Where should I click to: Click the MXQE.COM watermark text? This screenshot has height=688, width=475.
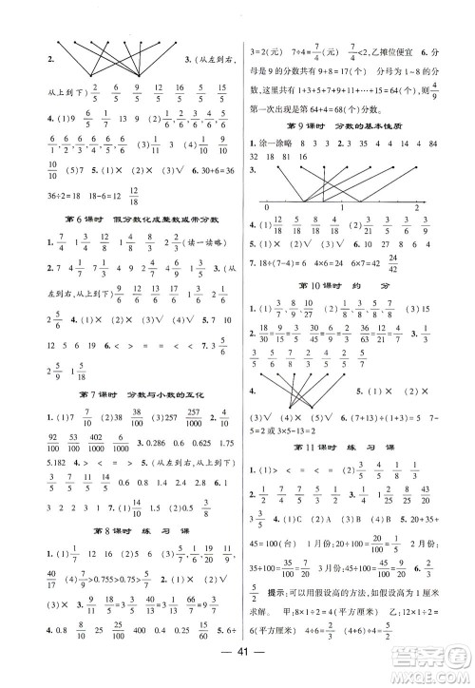432,671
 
